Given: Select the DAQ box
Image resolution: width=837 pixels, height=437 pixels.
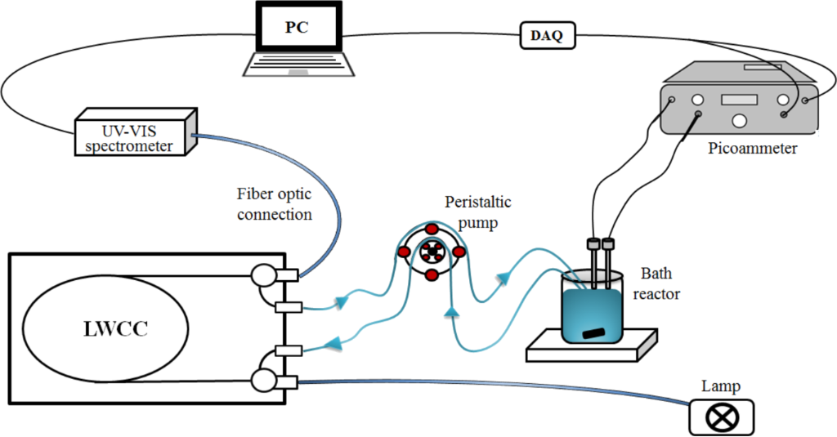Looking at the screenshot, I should tap(548, 35).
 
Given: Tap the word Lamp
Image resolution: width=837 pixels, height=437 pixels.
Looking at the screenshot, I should tap(719, 386).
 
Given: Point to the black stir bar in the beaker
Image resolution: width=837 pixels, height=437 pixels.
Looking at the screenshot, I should tap(593, 333).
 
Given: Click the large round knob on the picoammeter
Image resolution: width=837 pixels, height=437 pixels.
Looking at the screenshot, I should tap(740, 121).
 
